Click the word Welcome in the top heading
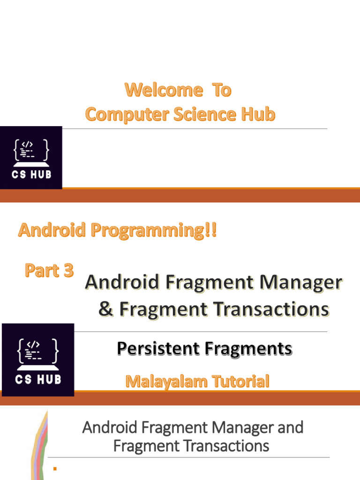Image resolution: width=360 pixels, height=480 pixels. [x=164, y=90]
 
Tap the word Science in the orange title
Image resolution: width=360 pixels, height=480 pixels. [x=205, y=114]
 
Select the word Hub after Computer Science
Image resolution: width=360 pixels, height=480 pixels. [x=258, y=114]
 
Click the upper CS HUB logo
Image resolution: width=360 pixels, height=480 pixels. [x=31, y=157]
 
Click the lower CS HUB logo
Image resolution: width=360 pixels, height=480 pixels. [x=38, y=360]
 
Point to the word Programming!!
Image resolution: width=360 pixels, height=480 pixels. [x=154, y=231]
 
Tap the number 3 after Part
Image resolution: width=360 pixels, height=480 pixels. [x=68, y=270]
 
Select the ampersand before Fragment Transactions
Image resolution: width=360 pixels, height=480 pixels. [x=105, y=308]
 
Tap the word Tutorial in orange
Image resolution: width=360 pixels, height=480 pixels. [x=240, y=381]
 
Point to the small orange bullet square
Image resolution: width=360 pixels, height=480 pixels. [x=55, y=468]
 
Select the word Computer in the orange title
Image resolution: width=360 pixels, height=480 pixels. [x=127, y=115]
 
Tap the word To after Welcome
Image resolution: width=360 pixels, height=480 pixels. [x=222, y=90]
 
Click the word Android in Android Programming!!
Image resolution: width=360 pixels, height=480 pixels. [x=52, y=230]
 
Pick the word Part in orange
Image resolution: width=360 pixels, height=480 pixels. [x=42, y=270]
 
